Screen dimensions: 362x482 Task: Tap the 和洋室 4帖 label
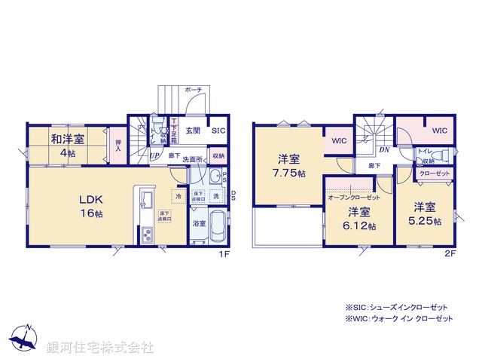click(66, 144)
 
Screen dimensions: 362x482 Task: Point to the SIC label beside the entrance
click(218, 130)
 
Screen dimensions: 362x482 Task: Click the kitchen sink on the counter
click(146, 201)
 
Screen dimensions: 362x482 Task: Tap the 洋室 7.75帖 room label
click(289, 165)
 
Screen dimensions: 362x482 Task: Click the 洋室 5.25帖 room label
click(424, 213)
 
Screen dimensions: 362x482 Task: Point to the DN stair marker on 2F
click(383, 150)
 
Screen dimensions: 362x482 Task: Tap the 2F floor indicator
click(450, 254)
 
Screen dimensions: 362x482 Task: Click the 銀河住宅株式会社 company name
click(99, 348)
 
